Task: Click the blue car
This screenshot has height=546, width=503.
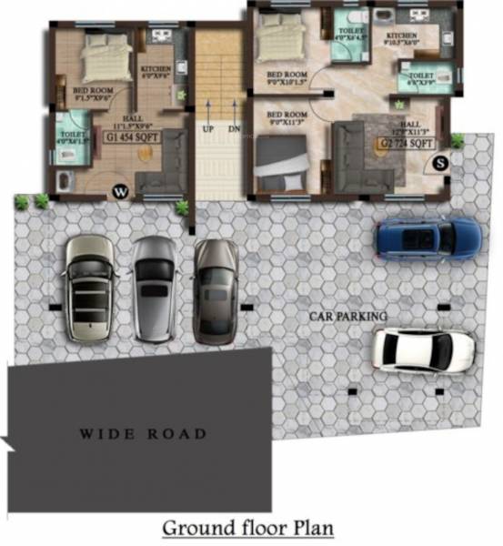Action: [x=428, y=237]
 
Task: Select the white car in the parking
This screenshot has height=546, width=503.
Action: [x=424, y=349]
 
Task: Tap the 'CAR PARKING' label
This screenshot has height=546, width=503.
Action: [x=347, y=316]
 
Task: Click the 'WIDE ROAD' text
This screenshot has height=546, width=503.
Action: [x=142, y=434]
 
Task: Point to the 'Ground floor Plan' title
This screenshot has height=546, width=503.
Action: [x=247, y=527]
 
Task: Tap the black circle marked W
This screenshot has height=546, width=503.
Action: [x=119, y=191]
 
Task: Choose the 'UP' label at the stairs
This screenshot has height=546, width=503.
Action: [x=208, y=129]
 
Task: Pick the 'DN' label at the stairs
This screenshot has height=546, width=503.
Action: [x=234, y=129]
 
